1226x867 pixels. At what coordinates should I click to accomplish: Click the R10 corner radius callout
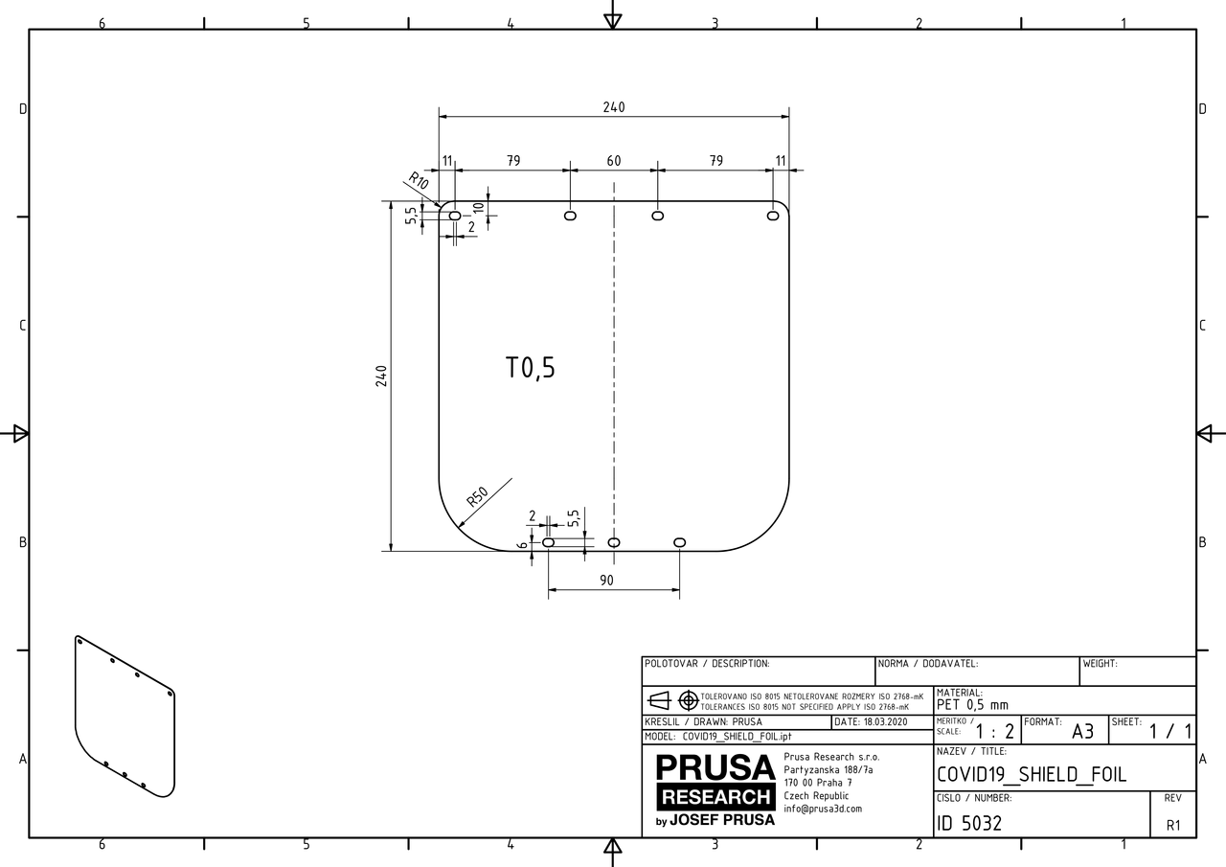coord(418,179)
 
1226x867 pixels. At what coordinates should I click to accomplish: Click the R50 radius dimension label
coord(477,496)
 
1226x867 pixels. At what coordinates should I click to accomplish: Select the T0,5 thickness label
coord(530,368)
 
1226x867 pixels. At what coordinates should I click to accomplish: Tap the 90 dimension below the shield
coord(606,581)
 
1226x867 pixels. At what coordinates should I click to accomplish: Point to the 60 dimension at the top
coord(614,161)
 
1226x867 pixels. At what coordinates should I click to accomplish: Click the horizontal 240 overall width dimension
coord(614,107)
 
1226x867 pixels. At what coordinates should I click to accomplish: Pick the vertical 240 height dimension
coord(380,376)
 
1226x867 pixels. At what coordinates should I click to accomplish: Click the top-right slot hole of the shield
coord(773,216)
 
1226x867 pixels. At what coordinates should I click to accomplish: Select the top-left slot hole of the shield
coord(455,216)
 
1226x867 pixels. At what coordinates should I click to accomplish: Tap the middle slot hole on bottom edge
coord(614,542)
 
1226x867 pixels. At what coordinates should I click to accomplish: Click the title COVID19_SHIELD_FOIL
coord(1031,774)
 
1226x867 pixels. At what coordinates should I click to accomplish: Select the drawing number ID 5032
coord(969,822)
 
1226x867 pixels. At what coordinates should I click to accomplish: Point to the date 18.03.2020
coord(871,721)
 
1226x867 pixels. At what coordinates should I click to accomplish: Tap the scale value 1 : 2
coord(995,732)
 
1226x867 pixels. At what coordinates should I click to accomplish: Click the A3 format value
coord(1082,732)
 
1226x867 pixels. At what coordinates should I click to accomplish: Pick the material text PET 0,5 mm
coord(972,705)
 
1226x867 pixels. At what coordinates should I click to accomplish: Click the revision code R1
coord(1173,825)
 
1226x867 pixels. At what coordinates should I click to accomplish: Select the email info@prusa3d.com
coord(823,809)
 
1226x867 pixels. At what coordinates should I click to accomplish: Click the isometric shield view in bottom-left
coord(125,716)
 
